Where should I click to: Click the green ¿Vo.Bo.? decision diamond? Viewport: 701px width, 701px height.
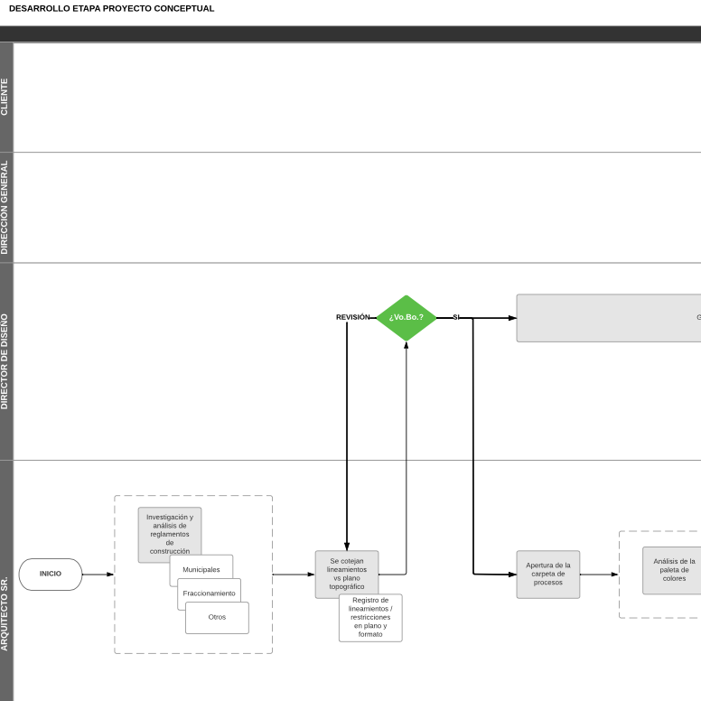click(406, 317)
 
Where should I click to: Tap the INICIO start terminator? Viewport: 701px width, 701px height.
click(51, 574)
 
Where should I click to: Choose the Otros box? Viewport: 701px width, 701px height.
click(217, 618)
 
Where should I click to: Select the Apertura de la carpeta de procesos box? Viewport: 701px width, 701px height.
click(548, 574)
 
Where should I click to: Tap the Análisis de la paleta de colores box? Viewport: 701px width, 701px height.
click(674, 570)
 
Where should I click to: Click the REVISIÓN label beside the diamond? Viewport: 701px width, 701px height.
click(352, 317)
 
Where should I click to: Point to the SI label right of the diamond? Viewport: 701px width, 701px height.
click(456, 317)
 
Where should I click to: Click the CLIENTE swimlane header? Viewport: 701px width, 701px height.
click(5, 97)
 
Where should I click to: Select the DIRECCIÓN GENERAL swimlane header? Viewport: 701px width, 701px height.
click(5, 207)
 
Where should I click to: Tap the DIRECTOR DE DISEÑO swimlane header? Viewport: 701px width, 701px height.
click(5, 361)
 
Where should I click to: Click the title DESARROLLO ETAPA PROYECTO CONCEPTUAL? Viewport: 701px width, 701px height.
click(112, 8)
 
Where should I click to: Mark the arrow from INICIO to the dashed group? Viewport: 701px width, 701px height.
click(98, 574)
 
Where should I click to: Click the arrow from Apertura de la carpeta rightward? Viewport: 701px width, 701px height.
click(599, 574)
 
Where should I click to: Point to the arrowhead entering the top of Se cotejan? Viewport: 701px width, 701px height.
click(347, 546)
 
